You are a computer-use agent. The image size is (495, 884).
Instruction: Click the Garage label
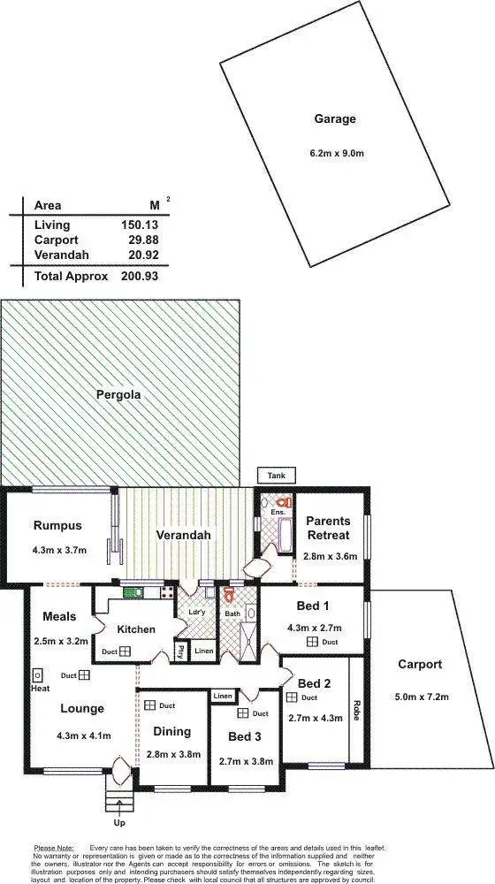334,118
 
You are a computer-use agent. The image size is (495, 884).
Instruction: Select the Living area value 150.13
140,225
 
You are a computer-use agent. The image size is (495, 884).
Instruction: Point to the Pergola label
118,395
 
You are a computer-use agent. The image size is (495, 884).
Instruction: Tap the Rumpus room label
57,526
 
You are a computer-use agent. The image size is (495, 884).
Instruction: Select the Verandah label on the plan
182,536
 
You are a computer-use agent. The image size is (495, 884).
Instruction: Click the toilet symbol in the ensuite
285,501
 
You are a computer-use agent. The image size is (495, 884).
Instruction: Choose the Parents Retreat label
328,528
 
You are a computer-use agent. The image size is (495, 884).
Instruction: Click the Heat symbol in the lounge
39,674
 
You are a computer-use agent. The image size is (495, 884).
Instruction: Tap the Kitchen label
136,629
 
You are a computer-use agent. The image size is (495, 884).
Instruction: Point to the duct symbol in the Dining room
152,705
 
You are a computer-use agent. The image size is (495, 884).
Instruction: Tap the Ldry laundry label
196,611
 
